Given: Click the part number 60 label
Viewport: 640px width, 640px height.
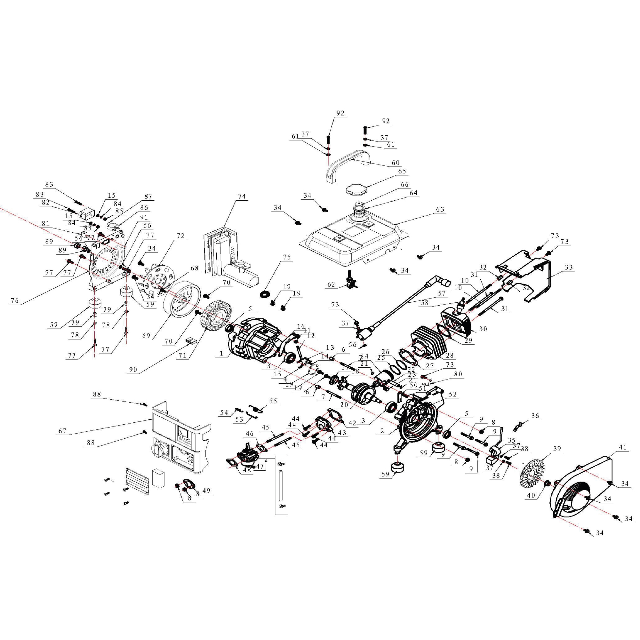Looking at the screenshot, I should [x=396, y=163].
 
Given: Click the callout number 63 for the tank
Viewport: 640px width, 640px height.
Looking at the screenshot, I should [x=440, y=209].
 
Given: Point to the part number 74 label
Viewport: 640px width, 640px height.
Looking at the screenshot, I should [x=242, y=196].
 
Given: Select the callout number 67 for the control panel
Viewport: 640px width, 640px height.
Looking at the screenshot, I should [x=62, y=431].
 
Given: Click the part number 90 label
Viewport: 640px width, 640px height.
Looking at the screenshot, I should [x=133, y=370].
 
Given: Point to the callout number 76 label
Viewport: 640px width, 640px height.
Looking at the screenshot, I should [x=14, y=301].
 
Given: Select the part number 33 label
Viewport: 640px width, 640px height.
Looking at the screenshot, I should [x=569, y=267].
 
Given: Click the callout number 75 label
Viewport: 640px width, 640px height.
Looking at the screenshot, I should [x=286, y=257].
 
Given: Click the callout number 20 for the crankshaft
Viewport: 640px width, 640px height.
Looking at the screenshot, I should [x=344, y=405].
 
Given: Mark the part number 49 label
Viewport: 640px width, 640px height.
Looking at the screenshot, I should [x=206, y=490].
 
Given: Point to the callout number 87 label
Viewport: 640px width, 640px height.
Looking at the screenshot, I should [x=148, y=196].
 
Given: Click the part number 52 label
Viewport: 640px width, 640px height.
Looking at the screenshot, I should [x=452, y=394].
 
